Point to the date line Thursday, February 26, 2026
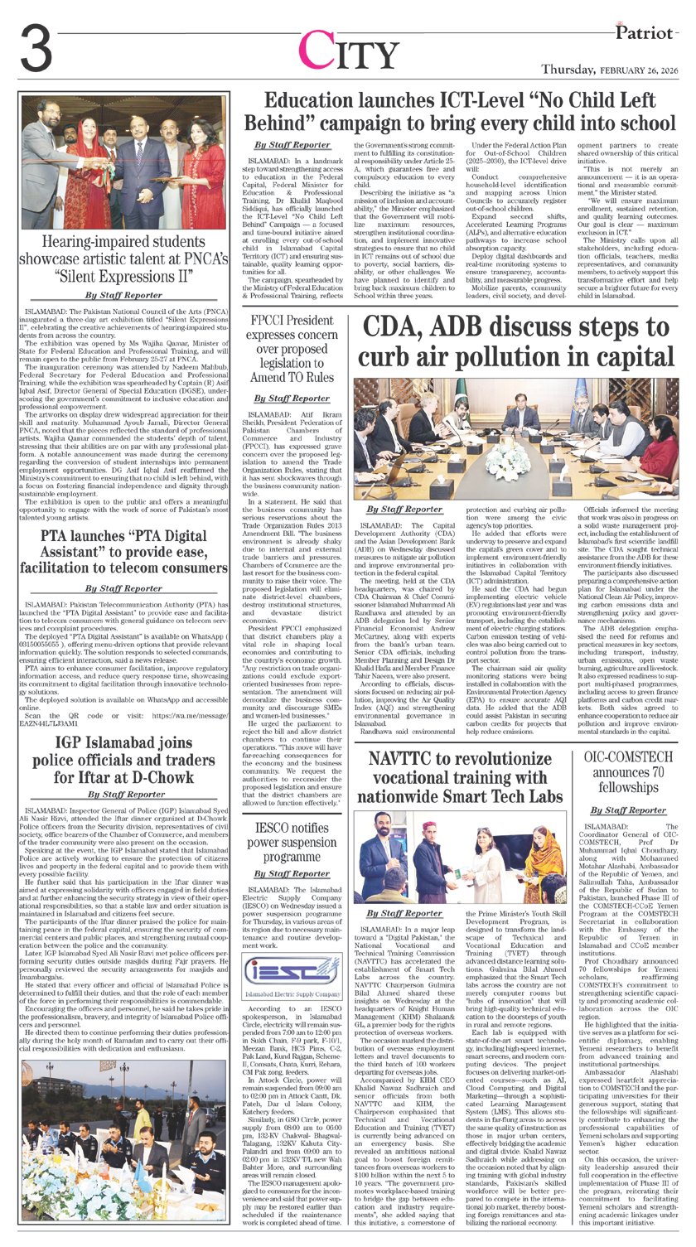[610, 71]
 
